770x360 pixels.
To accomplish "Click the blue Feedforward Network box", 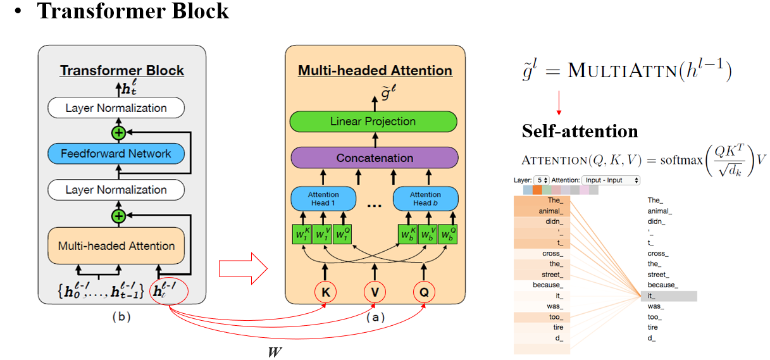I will (116, 154).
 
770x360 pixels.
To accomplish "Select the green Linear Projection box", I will (373, 121).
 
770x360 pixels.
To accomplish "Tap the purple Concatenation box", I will (374, 158).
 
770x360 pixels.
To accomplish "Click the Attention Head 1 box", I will (323, 199).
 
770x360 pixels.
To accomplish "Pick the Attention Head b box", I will (425, 199).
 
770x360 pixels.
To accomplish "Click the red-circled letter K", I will (326, 292).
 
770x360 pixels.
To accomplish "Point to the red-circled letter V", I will (375, 292).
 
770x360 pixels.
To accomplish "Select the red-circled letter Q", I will (423, 292).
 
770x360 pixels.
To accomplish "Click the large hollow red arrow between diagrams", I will (243, 268).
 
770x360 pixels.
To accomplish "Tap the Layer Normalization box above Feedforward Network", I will (116, 108).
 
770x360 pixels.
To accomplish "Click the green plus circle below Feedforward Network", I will (118, 217).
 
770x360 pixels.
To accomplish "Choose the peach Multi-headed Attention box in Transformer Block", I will (116, 246).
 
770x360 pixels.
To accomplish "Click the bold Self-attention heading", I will (580, 131).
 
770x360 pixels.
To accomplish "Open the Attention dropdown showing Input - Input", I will (611, 180).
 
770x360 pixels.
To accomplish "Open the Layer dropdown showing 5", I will (541, 180).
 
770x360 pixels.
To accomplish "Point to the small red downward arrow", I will (559, 101).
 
